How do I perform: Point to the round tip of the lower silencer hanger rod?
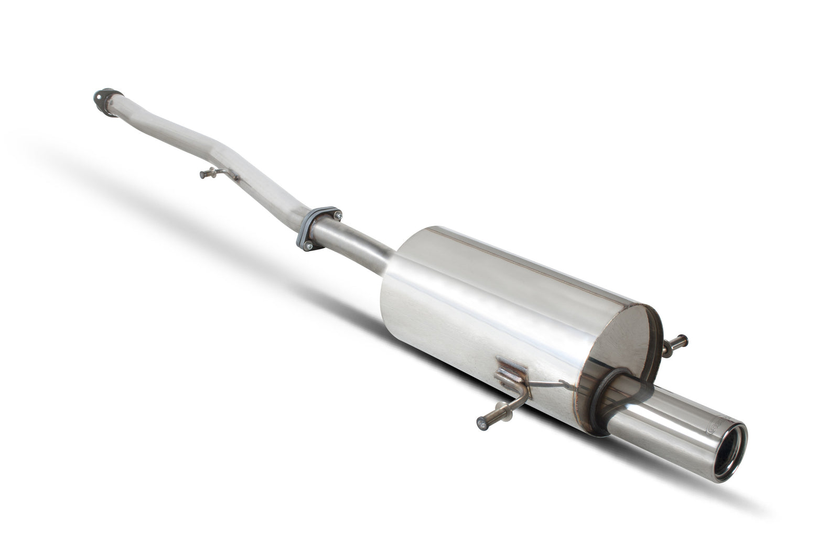[481, 423]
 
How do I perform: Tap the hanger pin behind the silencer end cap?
[676, 343]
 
